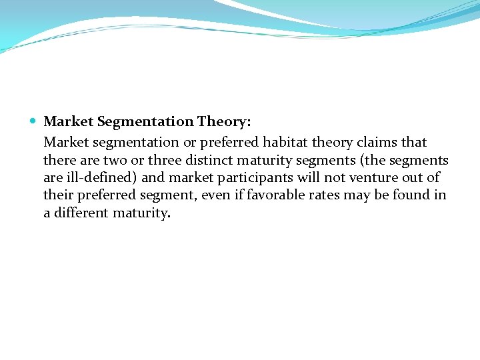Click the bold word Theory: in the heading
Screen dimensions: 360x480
(223, 121)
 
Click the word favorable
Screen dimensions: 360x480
(281, 196)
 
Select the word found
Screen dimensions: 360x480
(413, 196)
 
